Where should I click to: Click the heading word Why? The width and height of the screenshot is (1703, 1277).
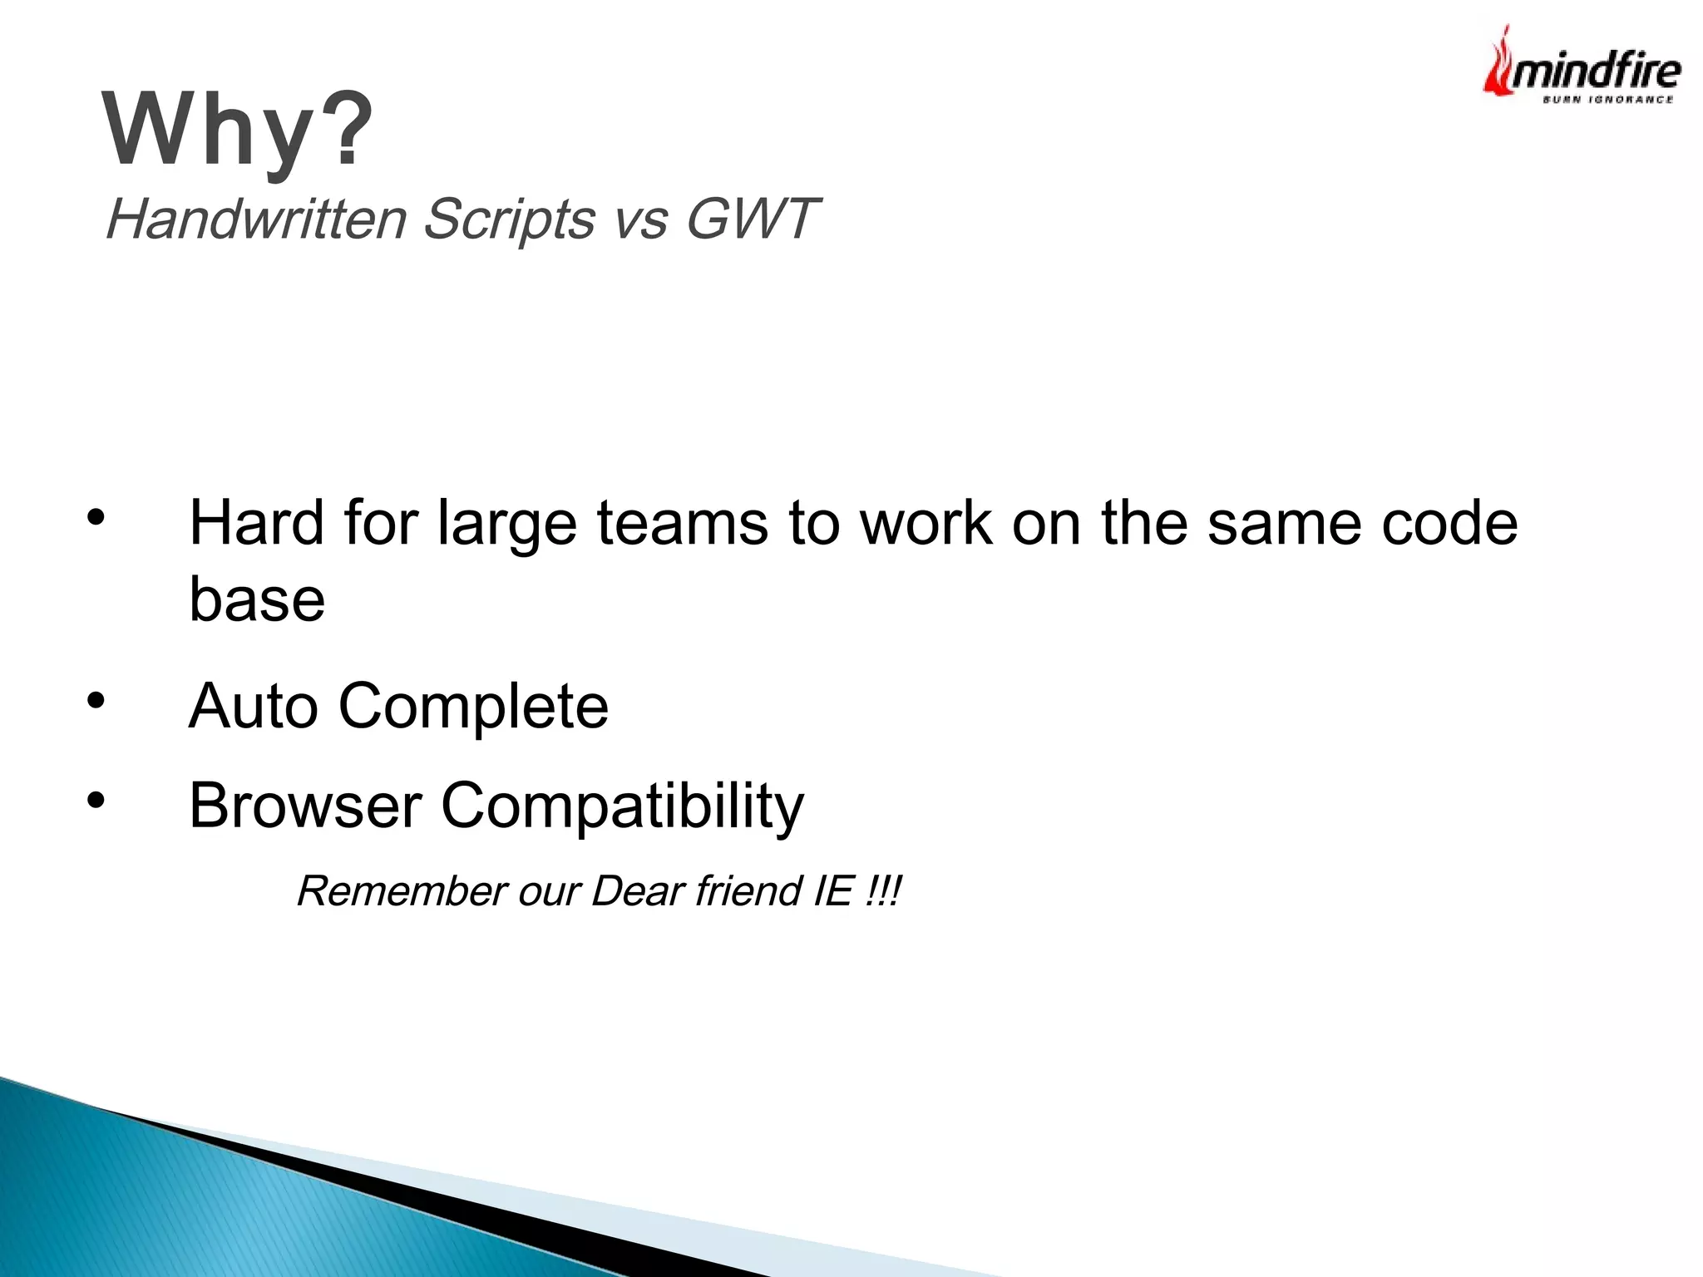tap(238, 131)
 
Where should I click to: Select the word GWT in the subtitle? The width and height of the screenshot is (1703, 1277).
tap(752, 219)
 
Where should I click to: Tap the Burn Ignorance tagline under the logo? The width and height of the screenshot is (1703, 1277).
tap(1607, 100)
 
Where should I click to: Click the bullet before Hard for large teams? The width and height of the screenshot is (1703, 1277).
tap(96, 517)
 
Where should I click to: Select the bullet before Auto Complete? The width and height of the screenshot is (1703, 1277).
tap(96, 700)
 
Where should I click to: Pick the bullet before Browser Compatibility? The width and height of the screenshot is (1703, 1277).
tap(96, 800)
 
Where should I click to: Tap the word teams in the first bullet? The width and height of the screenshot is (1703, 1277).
tap(682, 524)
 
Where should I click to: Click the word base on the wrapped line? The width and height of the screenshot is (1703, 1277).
tap(257, 599)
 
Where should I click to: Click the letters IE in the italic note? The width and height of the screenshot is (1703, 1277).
tap(833, 891)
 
